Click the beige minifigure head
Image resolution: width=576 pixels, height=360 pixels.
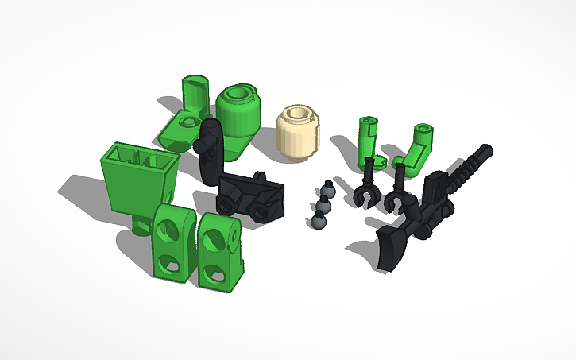(x=298, y=134)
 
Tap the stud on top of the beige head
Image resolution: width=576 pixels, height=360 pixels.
(x=298, y=113)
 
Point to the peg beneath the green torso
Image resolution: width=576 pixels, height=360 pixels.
(x=141, y=226)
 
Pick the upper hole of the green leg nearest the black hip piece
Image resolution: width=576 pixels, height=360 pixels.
(x=216, y=236)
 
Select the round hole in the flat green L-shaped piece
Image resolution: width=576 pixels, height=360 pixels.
(x=188, y=122)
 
